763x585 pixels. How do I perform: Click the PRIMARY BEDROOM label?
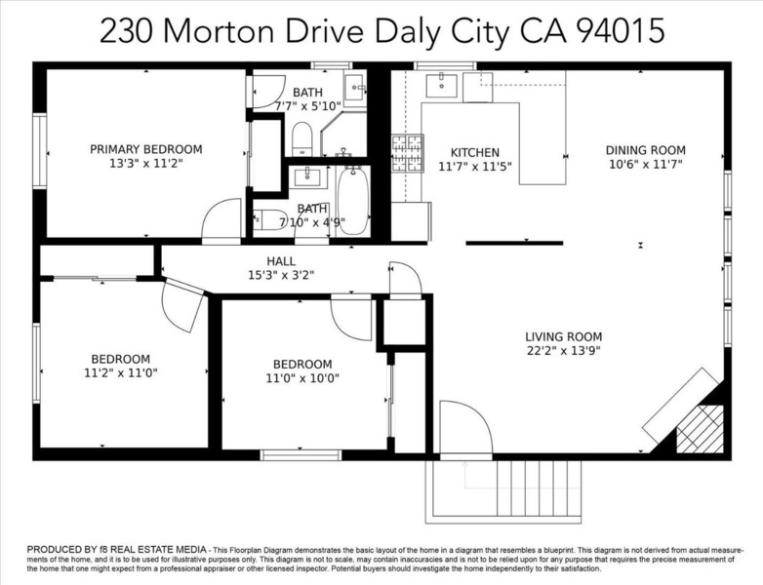pyautogui.click(x=146, y=149)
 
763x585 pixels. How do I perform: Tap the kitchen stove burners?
pyautogui.click(x=408, y=153)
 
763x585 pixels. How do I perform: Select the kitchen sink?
pyautogui.click(x=441, y=86)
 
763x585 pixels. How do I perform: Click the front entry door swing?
pyautogui.click(x=465, y=427)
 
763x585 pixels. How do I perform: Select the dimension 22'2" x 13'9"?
pyautogui.click(x=564, y=350)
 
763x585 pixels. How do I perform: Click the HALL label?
pyautogui.click(x=281, y=261)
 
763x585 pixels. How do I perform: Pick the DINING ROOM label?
pyautogui.click(x=645, y=150)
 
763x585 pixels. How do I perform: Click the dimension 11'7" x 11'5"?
pyautogui.click(x=475, y=167)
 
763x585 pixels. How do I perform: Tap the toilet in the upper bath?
pyautogui.click(x=302, y=139)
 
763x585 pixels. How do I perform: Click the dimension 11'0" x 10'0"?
pyautogui.click(x=302, y=378)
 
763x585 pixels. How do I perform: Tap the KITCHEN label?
pyautogui.click(x=475, y=153)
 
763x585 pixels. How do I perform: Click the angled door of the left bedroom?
pyautogui.click(x=182, y=305)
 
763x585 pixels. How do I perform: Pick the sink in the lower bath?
pyautogui.click(x=307, y=177)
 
